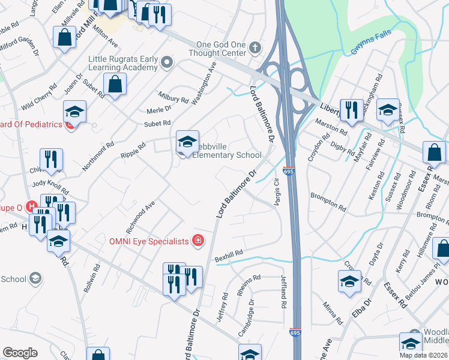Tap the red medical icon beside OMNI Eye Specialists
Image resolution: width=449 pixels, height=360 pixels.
pos(197,241)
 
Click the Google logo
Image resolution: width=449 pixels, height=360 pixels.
pos(20,353)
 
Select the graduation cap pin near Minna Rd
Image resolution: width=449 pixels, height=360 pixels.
pos(349,281)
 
